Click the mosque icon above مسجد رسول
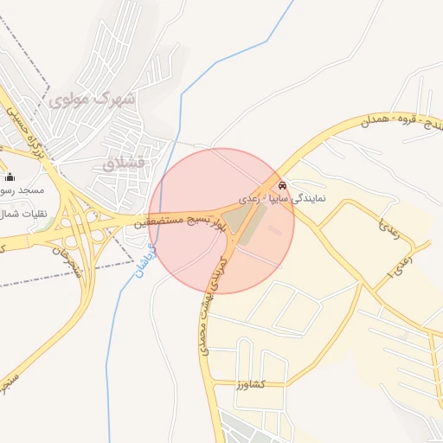click(10, 177)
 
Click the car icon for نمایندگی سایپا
click(283, 184)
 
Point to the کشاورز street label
click(273, 383)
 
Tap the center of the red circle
click(221, 221)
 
